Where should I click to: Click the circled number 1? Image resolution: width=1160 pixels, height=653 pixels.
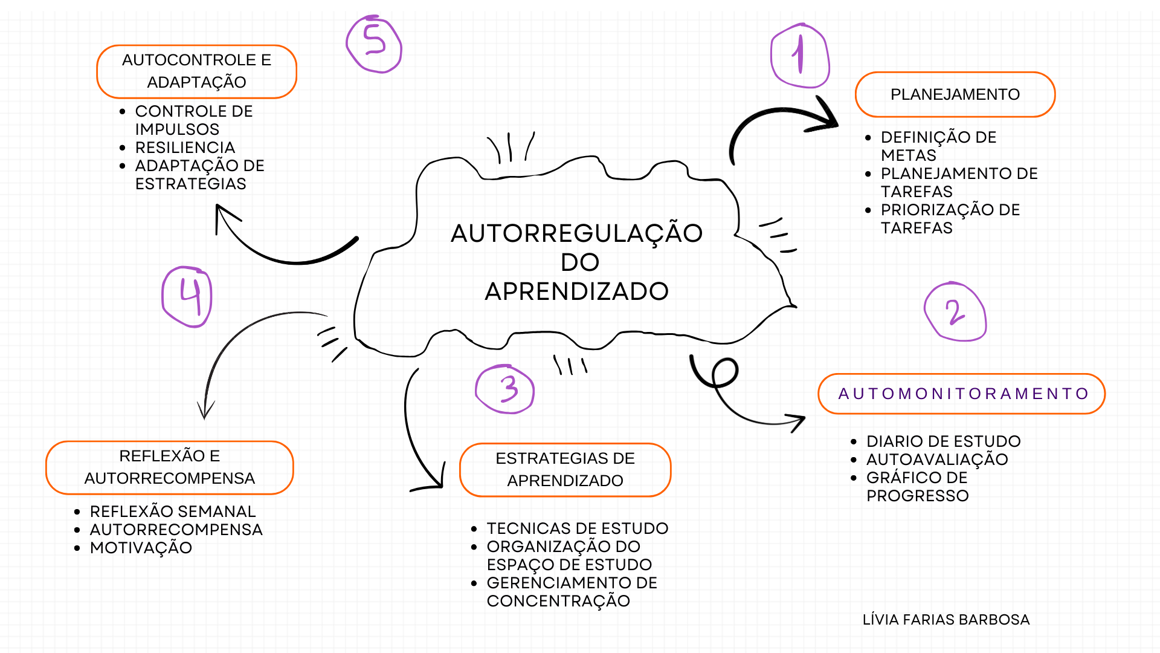tap(800, 56)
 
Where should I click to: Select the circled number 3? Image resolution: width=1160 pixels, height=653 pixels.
tap(506, 389)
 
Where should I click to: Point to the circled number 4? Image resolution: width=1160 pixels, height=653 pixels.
tap(187, 296)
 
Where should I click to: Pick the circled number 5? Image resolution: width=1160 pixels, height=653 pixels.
tap(374, 44)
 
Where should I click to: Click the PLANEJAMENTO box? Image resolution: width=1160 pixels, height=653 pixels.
tap(955, 94)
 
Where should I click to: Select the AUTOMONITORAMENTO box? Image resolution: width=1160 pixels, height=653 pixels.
tap(962, 394)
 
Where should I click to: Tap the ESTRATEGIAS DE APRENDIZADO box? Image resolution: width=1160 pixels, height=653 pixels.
tap(565, 470)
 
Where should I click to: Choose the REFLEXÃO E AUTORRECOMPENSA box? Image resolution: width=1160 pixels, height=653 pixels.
tap(170, 467)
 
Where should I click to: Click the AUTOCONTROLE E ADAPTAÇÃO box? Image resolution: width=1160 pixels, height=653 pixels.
tap(196, 71)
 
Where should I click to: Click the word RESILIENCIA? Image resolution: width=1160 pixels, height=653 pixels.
tap(185, 148)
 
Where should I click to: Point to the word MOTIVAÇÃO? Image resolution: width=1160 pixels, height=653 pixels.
tap(141, 548)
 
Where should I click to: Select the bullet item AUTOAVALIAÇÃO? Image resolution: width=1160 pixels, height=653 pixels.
tap(937, 460)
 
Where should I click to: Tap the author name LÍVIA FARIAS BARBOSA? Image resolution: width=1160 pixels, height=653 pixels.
tap(946, 620)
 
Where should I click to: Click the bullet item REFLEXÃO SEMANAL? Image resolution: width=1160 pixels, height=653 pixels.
tap(173, 512)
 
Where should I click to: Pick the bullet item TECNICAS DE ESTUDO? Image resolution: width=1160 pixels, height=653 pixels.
tap(578, 528)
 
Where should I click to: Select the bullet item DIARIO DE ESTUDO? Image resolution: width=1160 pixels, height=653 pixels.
tap(943, 441)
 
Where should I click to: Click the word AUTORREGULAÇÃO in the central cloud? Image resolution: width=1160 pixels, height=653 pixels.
tap(576, 233)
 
